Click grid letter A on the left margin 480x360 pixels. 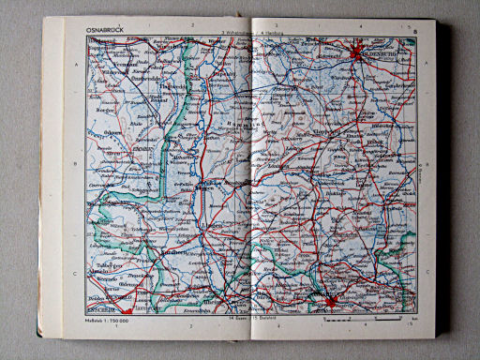pyautogui.click(x=74, y=65)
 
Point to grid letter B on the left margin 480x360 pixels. pyautogui.click(x=74, y=162)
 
